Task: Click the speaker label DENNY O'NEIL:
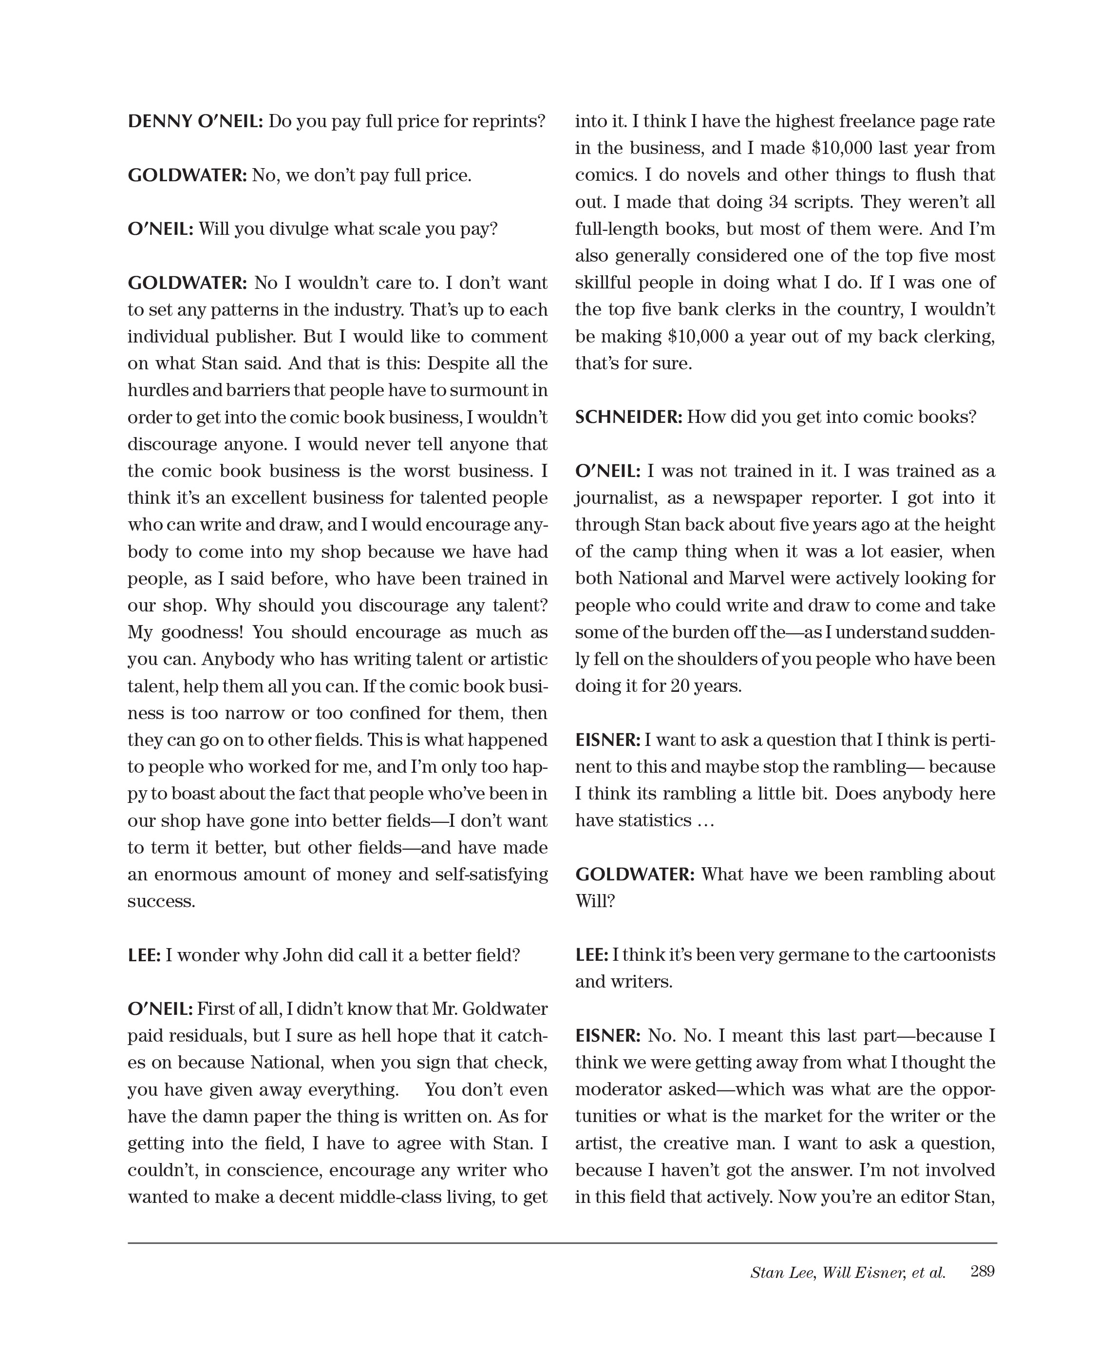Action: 195,121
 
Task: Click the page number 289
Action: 983,1271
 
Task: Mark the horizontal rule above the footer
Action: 562,1243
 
